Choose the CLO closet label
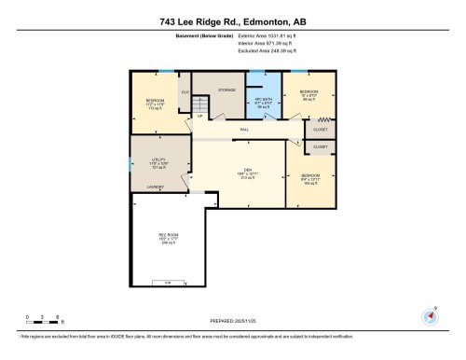[185, 91]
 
